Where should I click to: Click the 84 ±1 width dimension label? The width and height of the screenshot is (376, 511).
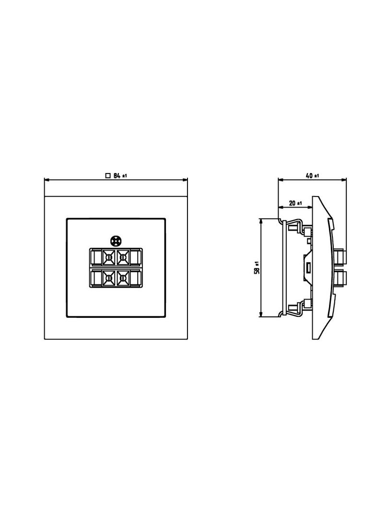point(120,175)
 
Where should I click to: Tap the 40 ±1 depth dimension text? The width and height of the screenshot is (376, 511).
point(312,175)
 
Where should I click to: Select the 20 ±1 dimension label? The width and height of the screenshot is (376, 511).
point(295,203)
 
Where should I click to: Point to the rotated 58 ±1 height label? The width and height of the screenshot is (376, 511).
point(257,267)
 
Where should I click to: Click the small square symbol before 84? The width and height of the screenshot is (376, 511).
point(108,175)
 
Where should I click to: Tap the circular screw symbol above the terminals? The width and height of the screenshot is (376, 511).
point(116,241)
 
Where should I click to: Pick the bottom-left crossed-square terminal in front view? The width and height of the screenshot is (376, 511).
point(108,278)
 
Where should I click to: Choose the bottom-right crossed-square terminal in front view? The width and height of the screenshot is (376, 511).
point(122,278)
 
